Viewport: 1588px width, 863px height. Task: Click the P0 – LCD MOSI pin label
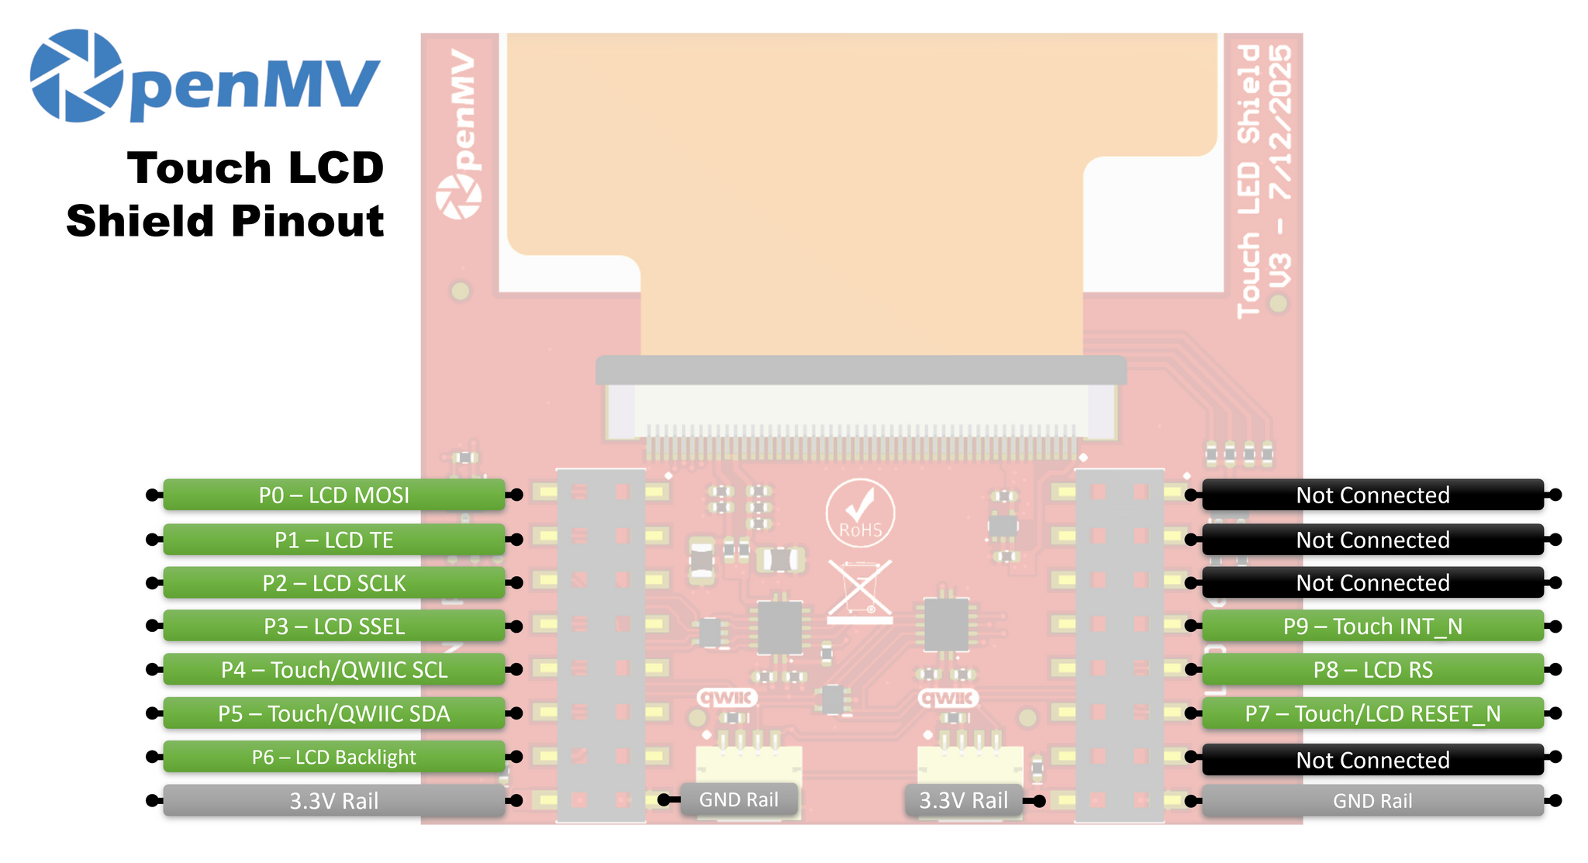(x=333, y=495)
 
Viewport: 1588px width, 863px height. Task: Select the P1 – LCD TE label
(x=333, y=540)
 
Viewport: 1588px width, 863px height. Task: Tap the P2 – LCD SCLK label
(x=333, y=583)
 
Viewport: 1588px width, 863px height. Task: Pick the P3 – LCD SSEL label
(x=333, y=626)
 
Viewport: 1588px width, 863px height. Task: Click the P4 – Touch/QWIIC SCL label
(x=333, y=669)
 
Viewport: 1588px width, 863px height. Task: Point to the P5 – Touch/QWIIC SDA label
(x=333, y=713)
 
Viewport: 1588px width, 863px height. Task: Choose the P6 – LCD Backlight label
(x=333, y=757)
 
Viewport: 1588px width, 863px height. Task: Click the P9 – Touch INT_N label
(x=1372, y=626)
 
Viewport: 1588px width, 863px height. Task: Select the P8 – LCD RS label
(x=1372, y=669)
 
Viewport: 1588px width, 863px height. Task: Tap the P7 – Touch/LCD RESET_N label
(x=1372, y=713)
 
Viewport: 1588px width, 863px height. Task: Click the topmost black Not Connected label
(x=1372, y=495)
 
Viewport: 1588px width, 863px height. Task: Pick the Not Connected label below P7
(x=1372, y=760)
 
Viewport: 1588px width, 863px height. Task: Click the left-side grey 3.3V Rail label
(x=333, y=800)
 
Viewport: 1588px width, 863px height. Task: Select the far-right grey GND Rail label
(x=1372, y=800)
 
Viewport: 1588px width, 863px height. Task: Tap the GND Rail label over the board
(x=738, y=799)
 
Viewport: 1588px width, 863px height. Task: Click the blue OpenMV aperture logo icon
(x=76, y=76)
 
